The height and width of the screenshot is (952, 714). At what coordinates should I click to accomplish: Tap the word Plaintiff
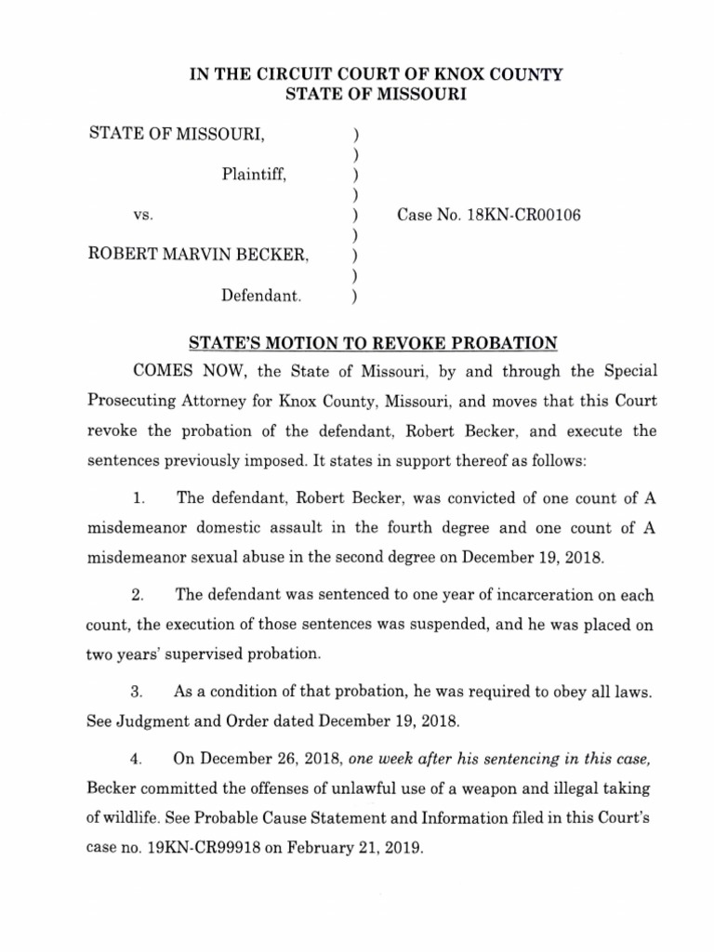coord(254,174)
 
